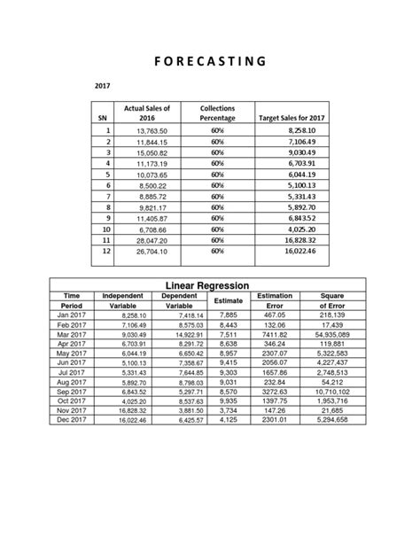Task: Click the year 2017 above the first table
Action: [x=105, y=86]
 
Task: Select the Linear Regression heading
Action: [x=209, y=284]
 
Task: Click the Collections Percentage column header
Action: [x=217, y=112]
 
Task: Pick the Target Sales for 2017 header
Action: [x=292, y=117]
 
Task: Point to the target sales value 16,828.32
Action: [x=299, y=239]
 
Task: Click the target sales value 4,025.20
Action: [x=299, y=229]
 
